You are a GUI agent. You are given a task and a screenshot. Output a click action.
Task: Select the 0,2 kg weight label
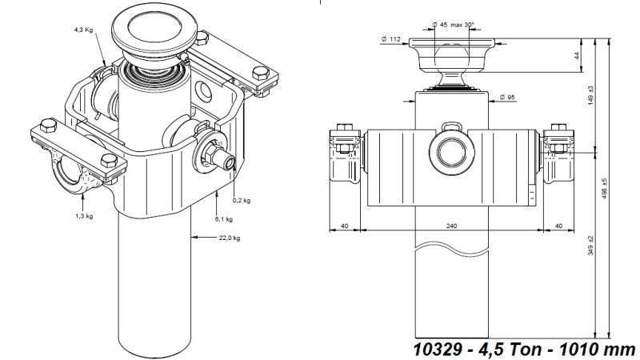pos(242,200)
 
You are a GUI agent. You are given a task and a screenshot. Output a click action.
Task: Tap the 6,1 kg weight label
pos(224,218)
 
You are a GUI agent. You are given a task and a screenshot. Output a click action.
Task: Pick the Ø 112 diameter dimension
pos(391,38)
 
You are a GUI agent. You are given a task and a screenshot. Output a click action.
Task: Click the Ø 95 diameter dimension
pos(506,98)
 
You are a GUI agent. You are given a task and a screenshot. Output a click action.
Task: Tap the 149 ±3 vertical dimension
pos(590,96)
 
